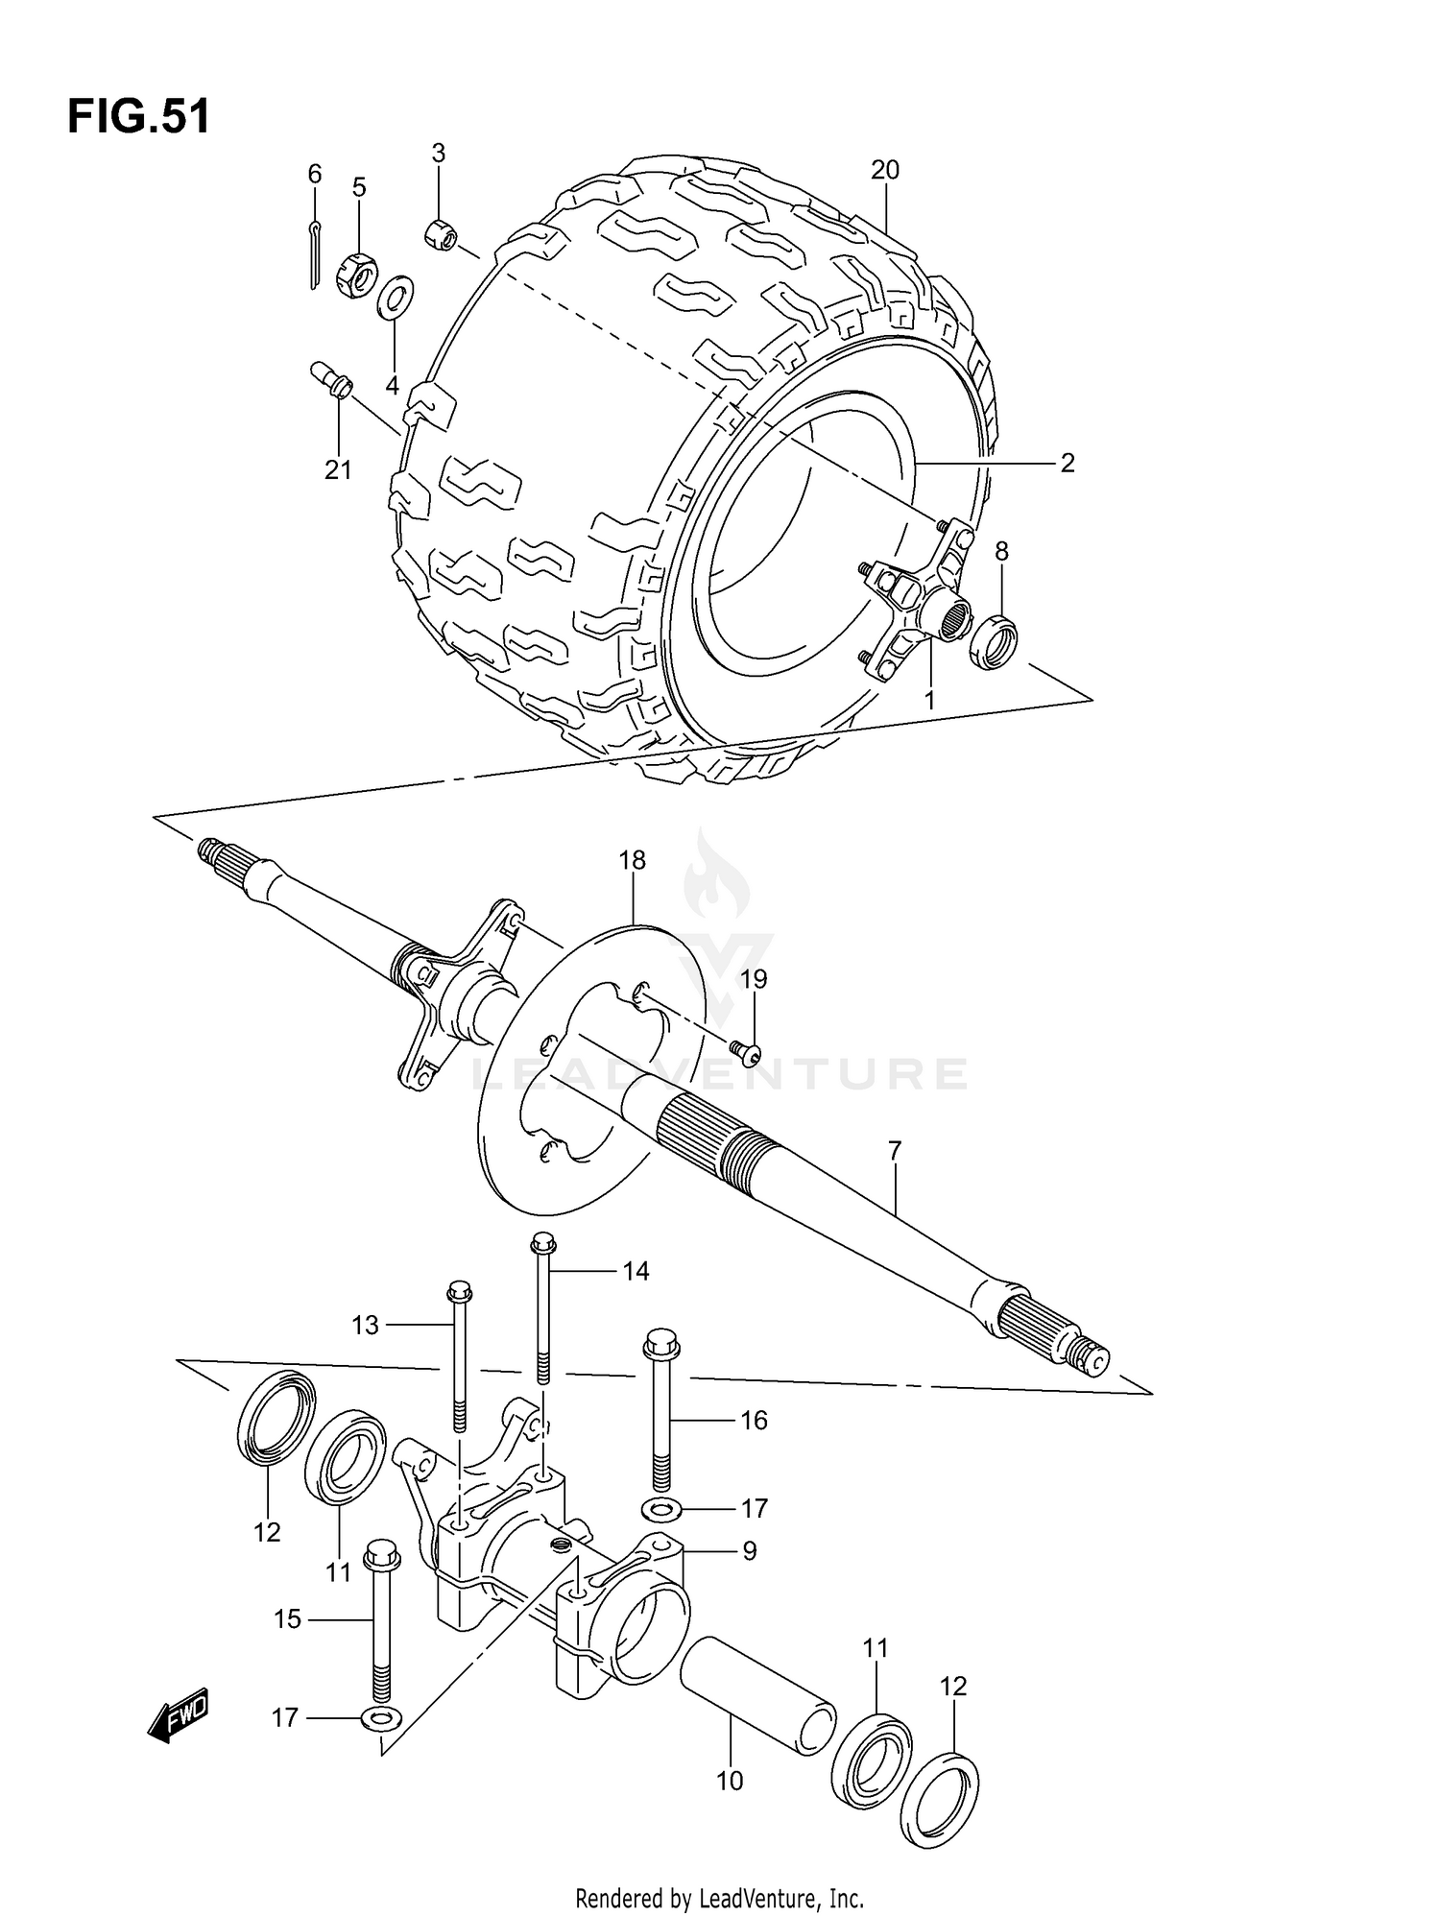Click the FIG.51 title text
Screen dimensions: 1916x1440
tap(138, 117)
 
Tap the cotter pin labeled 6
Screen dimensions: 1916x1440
tap(316, 254)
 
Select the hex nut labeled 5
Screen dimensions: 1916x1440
tap(355, 273)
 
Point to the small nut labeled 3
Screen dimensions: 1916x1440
tap(442, 233)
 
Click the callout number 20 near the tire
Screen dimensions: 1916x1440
tap(884, 171)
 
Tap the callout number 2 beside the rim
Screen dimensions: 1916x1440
tap(1067, 464)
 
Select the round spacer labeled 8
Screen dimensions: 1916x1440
tap(995, 640)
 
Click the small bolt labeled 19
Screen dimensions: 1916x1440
tap(745, 1053)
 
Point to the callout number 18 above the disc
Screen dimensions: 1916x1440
tap(633, 861)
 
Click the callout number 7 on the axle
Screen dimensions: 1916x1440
tap(894, 1150)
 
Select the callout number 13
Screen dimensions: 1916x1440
tap(365, 1326)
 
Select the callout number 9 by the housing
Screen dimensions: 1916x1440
tap(749, 1551)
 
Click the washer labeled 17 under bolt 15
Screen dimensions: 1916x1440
tap(382, 1717)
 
